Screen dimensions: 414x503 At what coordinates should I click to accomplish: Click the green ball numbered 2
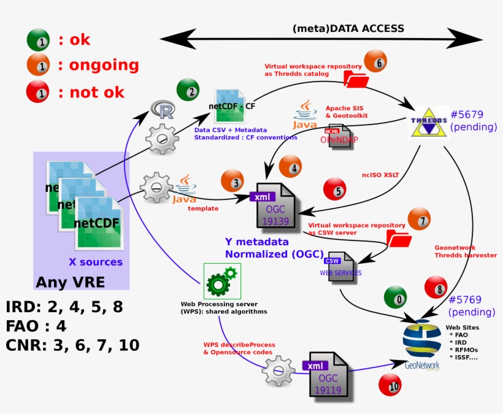188,90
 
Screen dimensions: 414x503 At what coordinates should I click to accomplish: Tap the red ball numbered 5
334,190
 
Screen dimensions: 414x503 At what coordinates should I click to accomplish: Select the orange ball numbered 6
375,61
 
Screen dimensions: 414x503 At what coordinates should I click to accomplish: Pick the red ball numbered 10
390,385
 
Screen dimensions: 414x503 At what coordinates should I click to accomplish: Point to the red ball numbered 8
436,287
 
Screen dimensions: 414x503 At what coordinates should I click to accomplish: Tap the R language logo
164,111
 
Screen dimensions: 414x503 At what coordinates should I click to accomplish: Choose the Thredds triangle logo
428,122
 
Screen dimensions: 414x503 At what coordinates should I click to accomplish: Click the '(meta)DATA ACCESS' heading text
348,28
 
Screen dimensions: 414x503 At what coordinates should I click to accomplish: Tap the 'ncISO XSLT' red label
380,175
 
